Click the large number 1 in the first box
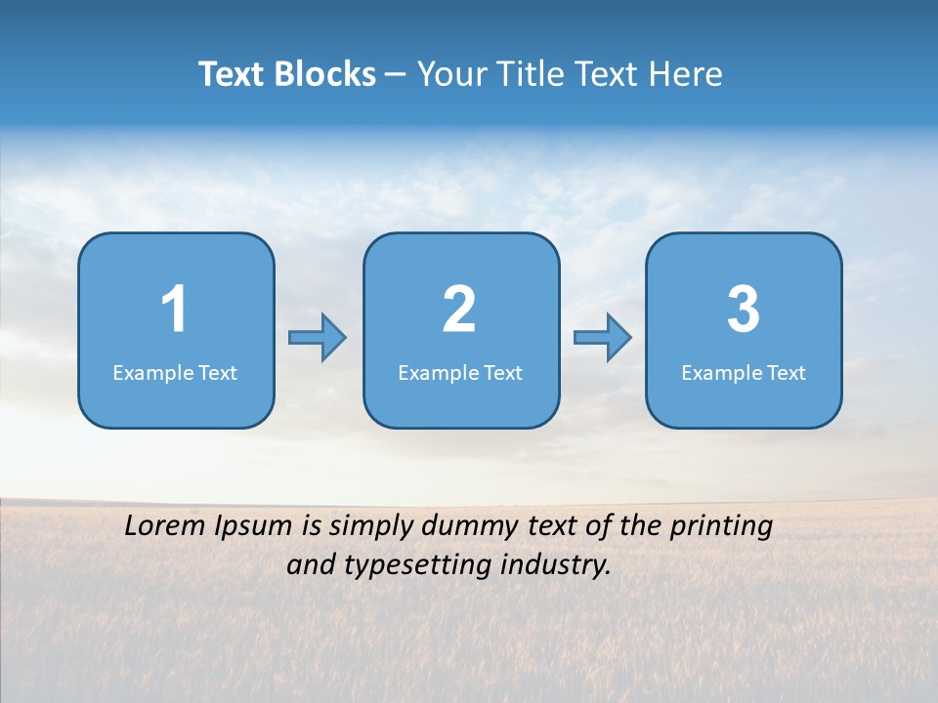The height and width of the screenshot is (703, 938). coord(174,310)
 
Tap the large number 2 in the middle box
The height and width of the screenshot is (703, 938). coord(459,310)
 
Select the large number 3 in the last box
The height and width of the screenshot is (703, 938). coord(744,310)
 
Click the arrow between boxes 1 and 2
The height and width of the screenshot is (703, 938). coord(318,338)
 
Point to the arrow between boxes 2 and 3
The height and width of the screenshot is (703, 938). coord(603,338)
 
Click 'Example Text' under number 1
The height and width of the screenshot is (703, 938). coord(175,373)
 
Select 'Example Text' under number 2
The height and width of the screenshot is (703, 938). coord(460,373)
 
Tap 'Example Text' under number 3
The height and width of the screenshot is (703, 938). coord(744,373)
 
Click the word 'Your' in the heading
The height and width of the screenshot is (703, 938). coord(450,74)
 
